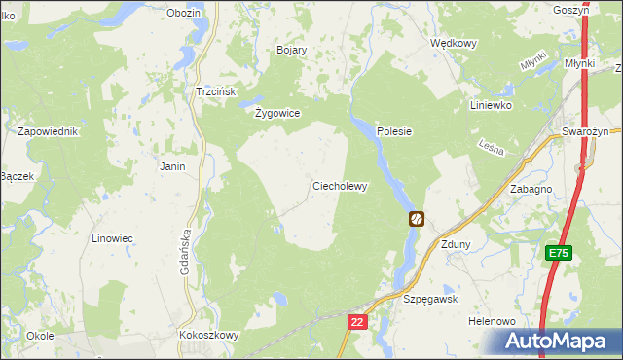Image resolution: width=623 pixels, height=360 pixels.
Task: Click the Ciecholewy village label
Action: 339,186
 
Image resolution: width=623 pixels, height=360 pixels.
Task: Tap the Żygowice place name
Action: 276,113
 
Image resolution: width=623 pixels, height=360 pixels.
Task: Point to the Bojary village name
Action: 292,50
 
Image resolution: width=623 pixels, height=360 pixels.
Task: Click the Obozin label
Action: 183,13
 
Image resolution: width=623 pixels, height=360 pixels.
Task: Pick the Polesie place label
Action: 394,131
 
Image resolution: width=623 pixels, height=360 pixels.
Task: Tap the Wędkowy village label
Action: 454,43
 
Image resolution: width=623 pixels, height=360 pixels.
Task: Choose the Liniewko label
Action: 490,105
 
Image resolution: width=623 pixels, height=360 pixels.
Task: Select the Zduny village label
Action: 456,244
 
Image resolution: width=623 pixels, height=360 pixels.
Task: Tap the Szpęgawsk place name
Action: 430,300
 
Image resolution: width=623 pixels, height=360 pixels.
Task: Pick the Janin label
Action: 172,166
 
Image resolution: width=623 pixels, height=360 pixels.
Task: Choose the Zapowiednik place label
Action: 47,130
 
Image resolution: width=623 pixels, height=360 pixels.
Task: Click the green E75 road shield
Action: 558,254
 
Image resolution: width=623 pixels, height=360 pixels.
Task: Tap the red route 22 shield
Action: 357,321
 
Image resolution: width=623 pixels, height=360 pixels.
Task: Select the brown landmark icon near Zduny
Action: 417,219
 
